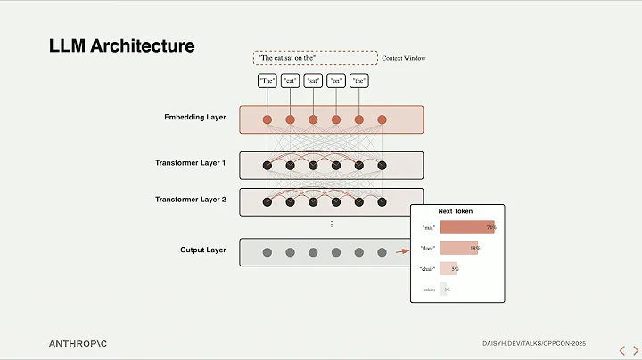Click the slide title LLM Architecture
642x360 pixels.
pyautogui.click(x=121, y=45)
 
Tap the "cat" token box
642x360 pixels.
pyautogui.click(x=290, y=81)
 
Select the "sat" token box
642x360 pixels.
pyautogui.click(x=313, y=81)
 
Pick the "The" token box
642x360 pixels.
pyautogui.click(x=267, y=81)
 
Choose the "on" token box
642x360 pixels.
pyautogui.click(x=336, y=81)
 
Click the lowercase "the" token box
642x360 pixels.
pyautogui.click(x=359, y=81)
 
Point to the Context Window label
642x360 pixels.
pyautogui.click(x=403, y=58)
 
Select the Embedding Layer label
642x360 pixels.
pyautogui.click(x=195, y=117)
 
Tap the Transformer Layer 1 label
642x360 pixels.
pyautogui.click(x=190, y=163)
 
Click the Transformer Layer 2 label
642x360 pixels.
pyautogui.click(x=190, y=200)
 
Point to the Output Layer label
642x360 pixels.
pyautogui.click(x=202, y=250)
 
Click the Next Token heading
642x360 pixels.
pyautogui.click(x=456, y=211)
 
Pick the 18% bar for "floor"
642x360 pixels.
pyautogui.click(x=458, y=248)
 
